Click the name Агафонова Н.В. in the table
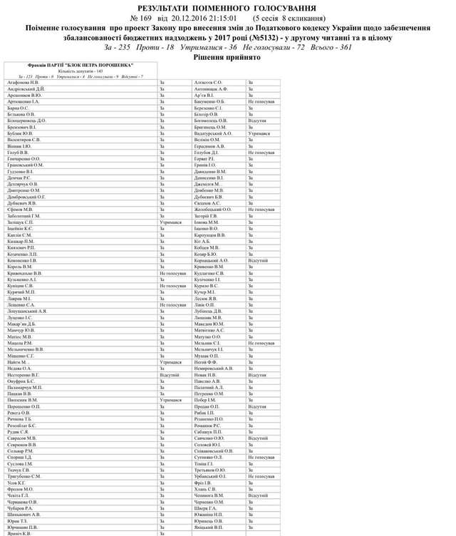pyautogui.click(x=23, y=83)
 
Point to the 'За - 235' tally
pyautogui.click(x=119, y=46)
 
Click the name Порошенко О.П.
pyautogui.click(x=24, y=406)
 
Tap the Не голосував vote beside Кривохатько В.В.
pyautogui.click(x=174, y=272)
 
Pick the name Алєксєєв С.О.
pyautogui.click(x=208, y=83)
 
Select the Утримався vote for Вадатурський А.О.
pyautogui.click(x=259, y=133)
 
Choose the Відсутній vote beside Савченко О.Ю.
pyautogui.click(x=257, y=437)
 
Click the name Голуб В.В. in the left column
pyautogui.click(x=19, y=152)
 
